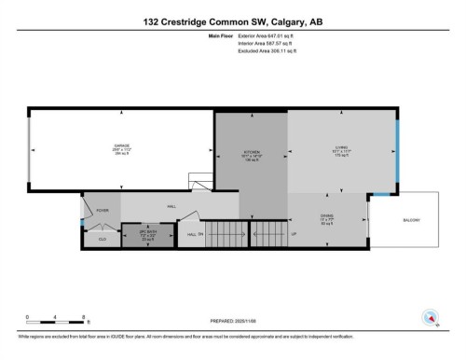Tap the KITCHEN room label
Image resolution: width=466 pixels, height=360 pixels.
pos(252,151)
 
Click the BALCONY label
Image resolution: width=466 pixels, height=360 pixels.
pos(411,220)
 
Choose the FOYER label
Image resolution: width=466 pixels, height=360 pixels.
pos(102,211)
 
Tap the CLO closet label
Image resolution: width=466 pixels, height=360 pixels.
pos(102,240)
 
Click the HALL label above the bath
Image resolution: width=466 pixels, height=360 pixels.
pos(172,205)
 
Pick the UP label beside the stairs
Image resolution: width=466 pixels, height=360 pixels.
pos(295,233)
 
